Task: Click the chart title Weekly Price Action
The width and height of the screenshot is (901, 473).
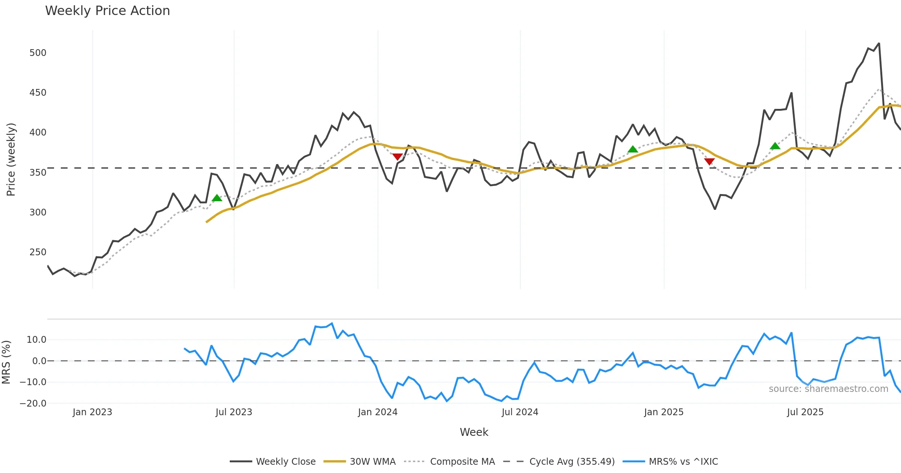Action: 107,11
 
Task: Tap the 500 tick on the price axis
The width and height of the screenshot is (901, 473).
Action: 38,53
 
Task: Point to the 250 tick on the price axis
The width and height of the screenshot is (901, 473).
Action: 38,252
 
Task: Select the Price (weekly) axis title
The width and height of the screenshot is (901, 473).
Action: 11,160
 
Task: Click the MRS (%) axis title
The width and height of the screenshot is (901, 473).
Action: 6,362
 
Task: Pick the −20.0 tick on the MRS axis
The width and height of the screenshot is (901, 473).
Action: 33,404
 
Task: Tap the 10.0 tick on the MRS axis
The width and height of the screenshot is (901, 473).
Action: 36,340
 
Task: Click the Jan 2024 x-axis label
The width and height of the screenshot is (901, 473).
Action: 378,412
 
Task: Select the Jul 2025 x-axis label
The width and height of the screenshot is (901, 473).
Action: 805,412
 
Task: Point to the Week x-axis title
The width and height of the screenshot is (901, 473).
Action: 474,432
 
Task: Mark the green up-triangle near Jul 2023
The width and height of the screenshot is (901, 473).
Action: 217,198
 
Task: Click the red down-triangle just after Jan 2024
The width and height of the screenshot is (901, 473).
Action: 398,157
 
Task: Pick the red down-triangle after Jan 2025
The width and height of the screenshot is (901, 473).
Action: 709,161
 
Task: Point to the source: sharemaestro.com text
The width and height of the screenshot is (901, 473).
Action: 828,389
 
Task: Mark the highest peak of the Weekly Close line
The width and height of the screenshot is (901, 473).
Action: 879,44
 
